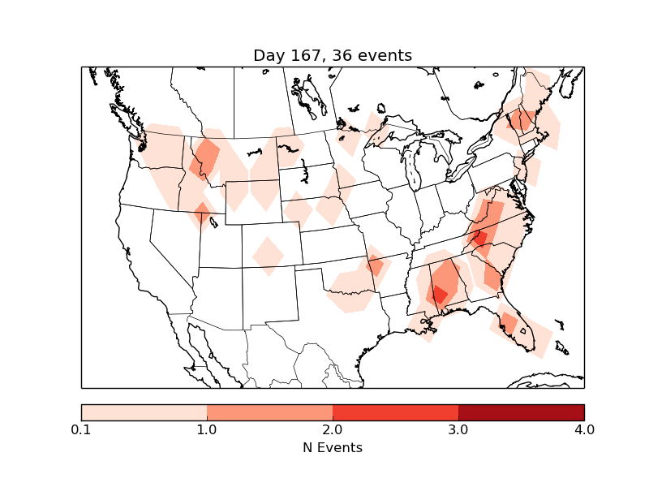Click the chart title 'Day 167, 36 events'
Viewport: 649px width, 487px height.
pyautogui.click(x=332, y=55)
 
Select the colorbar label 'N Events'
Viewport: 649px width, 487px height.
pyautogui.click(x=332, y=447)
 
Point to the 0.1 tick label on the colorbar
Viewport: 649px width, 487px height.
pyautogui.click(x=81, y=429)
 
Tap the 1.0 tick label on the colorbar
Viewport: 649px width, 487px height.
pyautogui.click(x=207, y=429)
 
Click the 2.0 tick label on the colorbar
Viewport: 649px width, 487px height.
pyautogui.click(x=333, y=429)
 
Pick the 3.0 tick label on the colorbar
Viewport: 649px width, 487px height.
pyautogui.click(x=458, y=429)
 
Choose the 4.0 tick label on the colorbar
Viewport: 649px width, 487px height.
pyautogui.click(x=584, y=429)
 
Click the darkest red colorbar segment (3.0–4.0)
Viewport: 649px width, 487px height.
pyautogui.click(x=521, y=412)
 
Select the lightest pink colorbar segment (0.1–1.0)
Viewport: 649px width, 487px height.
pyautogui.click(x=144, y=412)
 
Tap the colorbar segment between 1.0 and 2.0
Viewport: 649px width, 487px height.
pyautogui.click(x=269, y=412)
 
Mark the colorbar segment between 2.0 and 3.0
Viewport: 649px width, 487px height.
pyautogui.click(x=395, y=412)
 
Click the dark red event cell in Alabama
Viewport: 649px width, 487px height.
pyautogui.click(x=439, y=294)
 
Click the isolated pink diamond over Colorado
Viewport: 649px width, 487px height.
pyautogui.click(x=268, y=255)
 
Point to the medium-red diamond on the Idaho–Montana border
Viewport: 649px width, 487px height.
pyautogui.click(x=204, y=157)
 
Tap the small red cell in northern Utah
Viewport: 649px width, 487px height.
pyautogui.click(x=202, y=213)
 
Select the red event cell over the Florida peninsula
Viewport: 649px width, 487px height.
pyautogui.click(x=509, y=323)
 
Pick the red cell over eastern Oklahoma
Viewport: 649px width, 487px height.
pyautogui.click(x=375, y=265)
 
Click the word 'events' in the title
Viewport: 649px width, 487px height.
pyautogui.click(x=385, y=55)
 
